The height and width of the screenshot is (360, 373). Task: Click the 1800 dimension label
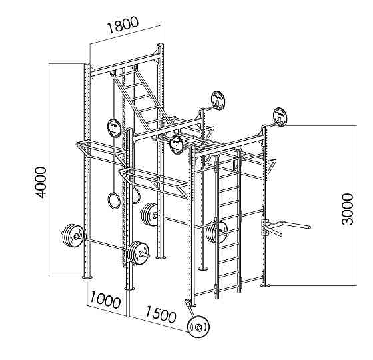(x=123, y=24)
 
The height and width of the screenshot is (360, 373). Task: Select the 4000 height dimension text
(x=40, y=183)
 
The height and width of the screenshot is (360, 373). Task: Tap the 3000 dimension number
(x=347, y=209)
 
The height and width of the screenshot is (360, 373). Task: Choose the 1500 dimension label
(x=161, y=314)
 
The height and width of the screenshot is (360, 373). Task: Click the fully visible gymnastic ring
(x=114, y=201)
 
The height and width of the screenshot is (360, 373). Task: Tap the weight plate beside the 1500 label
(x=198, y=327)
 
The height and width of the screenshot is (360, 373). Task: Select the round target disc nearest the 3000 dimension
(x=280, y=117)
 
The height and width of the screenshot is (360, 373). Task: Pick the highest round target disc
(x=218, y=101)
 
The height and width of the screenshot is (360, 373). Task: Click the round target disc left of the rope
(x=115, y=128)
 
